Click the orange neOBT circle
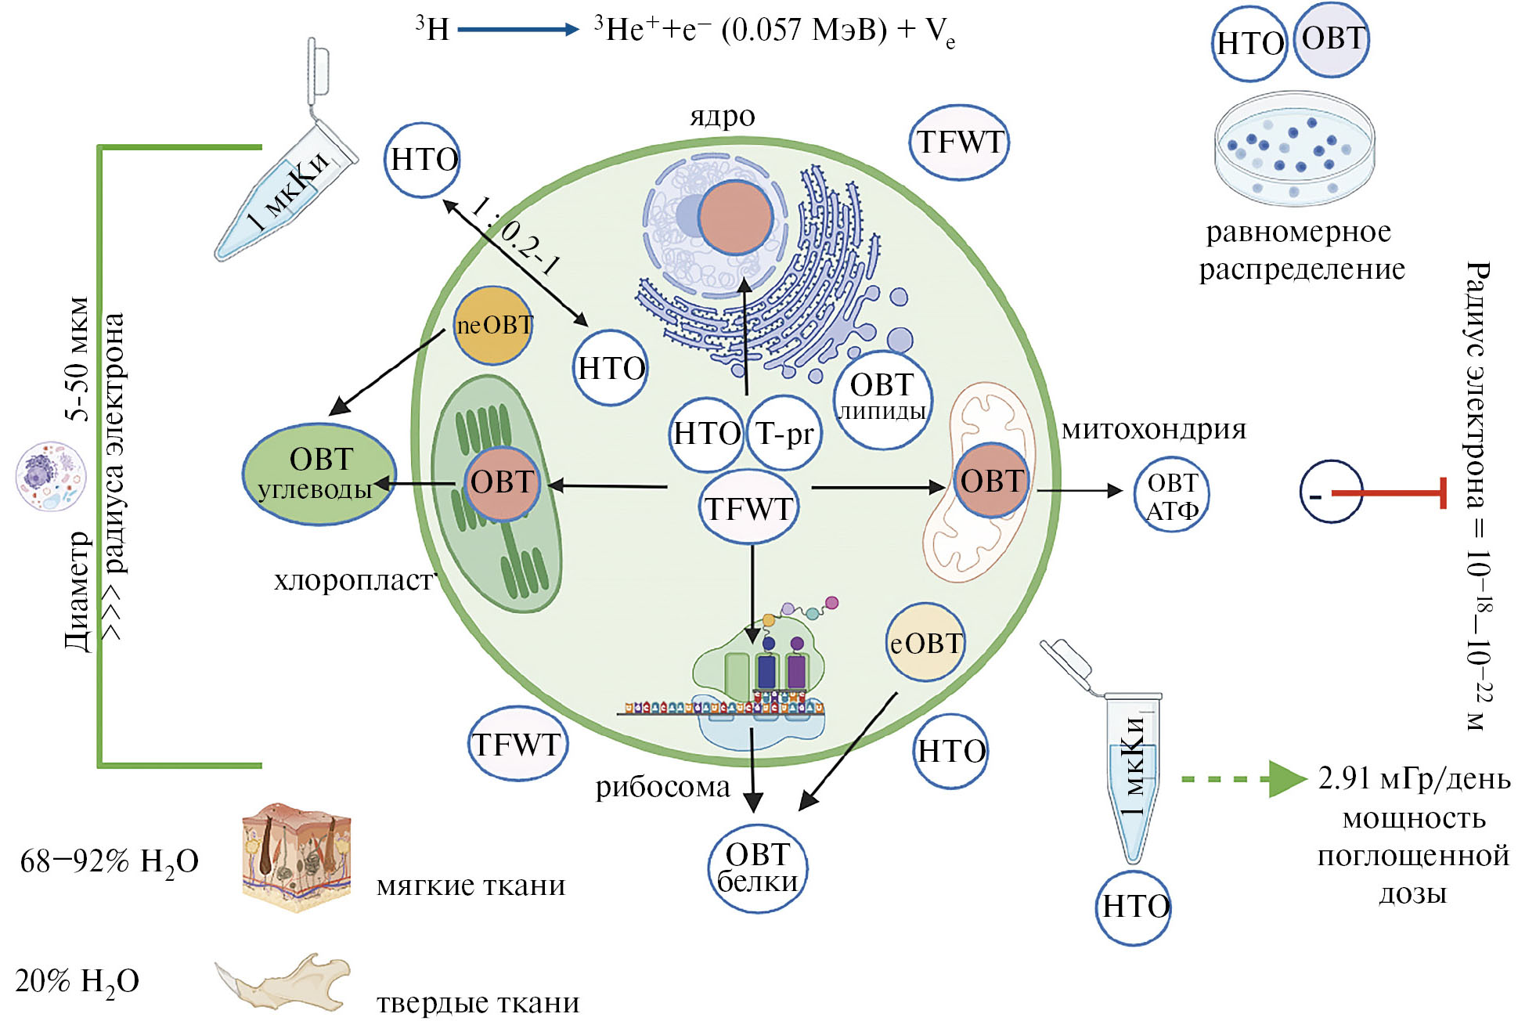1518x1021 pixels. click(x=493, y=325)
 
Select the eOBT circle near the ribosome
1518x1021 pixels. click(x=925, y=643)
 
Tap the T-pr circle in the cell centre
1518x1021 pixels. click(x=784, y=433)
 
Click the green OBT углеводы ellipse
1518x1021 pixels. click(x=319, y=474)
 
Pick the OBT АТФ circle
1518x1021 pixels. click(x=1171, y=496)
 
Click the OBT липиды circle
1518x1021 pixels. click(x=882, y=399)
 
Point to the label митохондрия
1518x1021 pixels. click(x=1153, y=429)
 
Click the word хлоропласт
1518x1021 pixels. click(x=353, y=580)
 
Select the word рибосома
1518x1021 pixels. click(x=662, y=786)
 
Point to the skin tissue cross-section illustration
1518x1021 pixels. click(x=296, y=857)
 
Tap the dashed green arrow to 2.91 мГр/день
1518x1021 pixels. click(x=1241, y=779)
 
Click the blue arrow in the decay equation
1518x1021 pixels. click(x=517, y=30)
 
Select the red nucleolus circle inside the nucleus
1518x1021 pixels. click(x=735, y=216)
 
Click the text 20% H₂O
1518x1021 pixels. click(x=77, y=981)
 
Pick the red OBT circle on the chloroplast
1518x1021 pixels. click(x=502, y=483)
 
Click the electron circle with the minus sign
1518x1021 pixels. click(x=1331, y=493)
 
